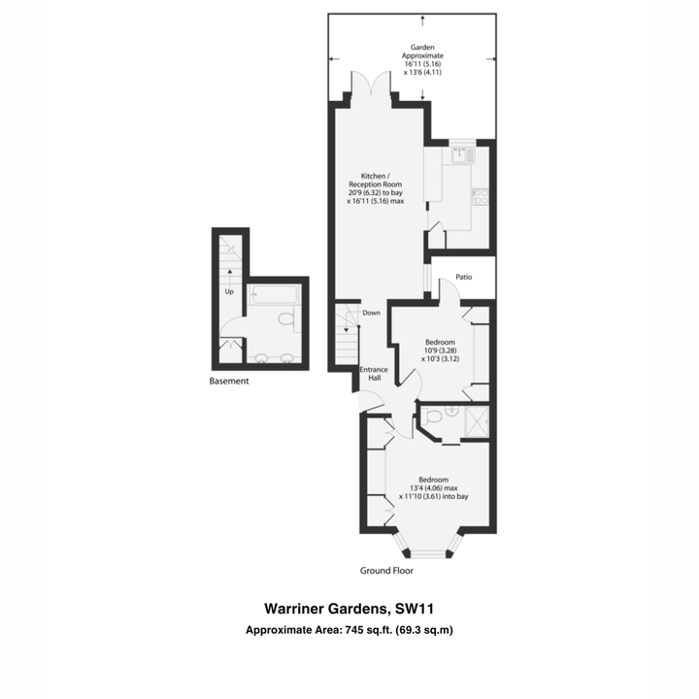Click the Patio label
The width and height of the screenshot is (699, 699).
click(x=464, y=277)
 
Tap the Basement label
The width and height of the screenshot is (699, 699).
click(x=229, y=382)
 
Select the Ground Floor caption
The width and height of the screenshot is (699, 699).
click(x=386, y=571)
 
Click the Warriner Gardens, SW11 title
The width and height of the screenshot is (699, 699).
click(x=349, y=609)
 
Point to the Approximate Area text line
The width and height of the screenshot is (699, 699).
click(x=349, y=630)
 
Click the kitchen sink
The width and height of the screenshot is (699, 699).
click(x=464, y=155)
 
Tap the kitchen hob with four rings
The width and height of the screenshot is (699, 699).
click(x=481, y=196)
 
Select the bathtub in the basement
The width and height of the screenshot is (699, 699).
click(x=273, y=294)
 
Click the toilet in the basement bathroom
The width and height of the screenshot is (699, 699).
click(x=286, y=318)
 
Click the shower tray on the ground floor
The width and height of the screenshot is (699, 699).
click(x=477, y=421)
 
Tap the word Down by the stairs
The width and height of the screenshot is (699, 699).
click(x=371, y=313)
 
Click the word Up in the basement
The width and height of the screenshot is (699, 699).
click(x=229, y=291)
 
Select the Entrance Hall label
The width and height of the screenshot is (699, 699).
click(x=374, y=374)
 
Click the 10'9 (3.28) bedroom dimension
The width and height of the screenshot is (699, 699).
click(x=441, y=350)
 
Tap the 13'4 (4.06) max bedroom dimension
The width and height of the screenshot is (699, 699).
click(x=433, y=488)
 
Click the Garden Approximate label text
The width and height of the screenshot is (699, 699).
click(x=422, y=51)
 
